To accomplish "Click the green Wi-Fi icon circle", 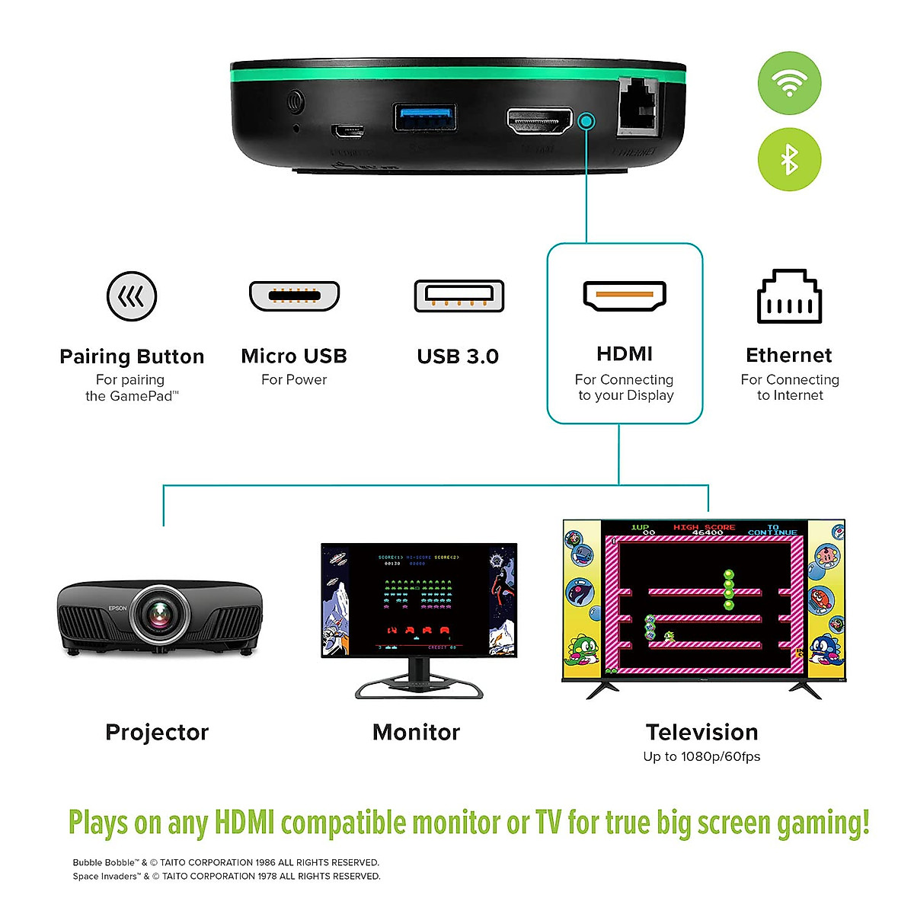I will (x=789, y=83).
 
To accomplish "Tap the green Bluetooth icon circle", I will (x=789, y=159).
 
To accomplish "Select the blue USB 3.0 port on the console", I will (x=425, y=117).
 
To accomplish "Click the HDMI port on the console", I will (x=539, y=121).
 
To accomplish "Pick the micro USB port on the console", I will (x=347, y=130).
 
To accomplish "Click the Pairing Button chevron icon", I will (x=132, y=296).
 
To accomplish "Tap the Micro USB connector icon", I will (x=294, y=296).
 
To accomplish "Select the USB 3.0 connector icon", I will (x=459, y=296).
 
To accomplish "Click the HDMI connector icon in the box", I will (x=625, y=296).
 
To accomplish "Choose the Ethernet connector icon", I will (x=789, y=297).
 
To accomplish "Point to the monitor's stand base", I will (x=419, y=690).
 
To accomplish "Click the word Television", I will (x=701, y=732).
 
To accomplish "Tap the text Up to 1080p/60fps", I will (x=701, y=756).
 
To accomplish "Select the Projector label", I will (x=157, y=732).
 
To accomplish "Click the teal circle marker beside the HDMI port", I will (x=586, y=120).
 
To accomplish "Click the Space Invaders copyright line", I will (x=226, y=877).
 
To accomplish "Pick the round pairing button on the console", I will (x=295, y=102).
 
